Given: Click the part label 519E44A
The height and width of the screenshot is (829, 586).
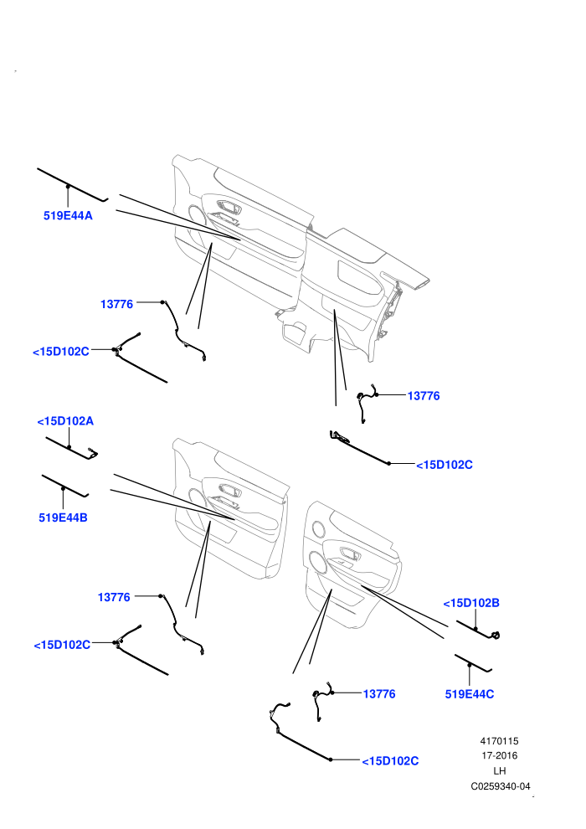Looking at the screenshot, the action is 68,216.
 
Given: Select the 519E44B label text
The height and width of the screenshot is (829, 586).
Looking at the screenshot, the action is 63,517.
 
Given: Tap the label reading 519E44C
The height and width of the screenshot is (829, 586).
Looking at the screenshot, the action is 470,694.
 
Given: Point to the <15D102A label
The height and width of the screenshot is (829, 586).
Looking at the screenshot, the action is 65,421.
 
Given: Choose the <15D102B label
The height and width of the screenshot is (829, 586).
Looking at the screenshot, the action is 471,603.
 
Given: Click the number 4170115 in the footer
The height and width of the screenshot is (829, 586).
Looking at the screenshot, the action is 499,741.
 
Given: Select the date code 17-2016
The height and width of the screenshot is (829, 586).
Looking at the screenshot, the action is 499,755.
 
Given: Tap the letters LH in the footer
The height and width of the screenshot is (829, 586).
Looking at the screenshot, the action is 499,771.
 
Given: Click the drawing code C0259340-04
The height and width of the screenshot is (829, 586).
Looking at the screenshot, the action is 501,786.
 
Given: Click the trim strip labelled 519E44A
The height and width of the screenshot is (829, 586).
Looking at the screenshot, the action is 72,185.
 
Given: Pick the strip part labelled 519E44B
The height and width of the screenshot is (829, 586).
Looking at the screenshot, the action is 65,486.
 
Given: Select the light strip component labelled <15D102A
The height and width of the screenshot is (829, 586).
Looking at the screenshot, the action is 71,448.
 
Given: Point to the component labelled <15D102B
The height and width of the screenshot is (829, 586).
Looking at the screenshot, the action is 478,630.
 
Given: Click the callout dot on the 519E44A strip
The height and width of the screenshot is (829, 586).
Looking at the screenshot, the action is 68,186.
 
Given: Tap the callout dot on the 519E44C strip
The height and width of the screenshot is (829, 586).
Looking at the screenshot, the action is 470,664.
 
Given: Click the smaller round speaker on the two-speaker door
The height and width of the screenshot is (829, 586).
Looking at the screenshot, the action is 318,528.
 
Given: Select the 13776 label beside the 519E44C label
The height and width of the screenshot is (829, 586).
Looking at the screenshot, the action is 379,693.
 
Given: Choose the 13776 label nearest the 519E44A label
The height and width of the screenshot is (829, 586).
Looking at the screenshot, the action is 116,304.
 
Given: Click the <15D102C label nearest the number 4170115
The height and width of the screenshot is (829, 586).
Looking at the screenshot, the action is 390,761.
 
